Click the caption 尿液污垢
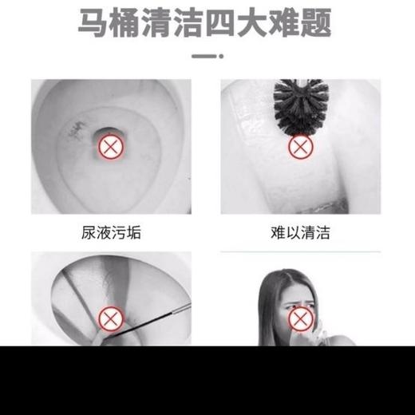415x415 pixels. coord(111,233)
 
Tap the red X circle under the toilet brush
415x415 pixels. coord(299,146)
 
